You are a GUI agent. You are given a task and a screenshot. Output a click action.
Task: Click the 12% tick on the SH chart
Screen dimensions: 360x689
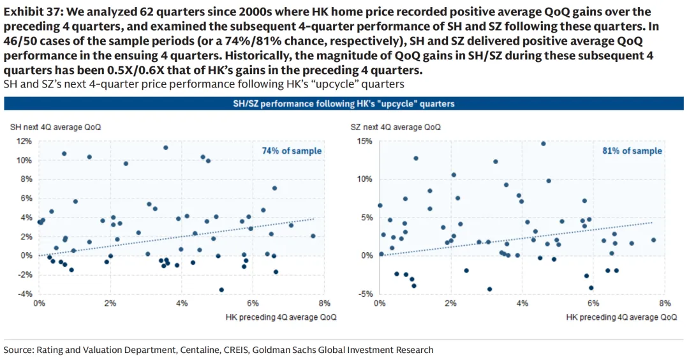coord(24,141)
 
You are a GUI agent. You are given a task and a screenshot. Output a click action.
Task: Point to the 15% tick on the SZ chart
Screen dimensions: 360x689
coord(364,141)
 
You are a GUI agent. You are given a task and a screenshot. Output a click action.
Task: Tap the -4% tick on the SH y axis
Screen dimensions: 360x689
coord(24,294)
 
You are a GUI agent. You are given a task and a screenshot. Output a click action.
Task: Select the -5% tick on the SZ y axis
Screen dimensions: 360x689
coord(365,294)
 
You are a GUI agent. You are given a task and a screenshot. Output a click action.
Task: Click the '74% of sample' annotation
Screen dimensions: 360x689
coord(292,151)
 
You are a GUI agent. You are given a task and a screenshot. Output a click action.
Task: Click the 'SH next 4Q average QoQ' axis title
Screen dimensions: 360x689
coord(56,127)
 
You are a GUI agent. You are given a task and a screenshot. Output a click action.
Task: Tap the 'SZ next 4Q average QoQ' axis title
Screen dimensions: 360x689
coord(396,127)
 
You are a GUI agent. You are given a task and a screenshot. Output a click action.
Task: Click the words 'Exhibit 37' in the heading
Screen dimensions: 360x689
coord(28,11)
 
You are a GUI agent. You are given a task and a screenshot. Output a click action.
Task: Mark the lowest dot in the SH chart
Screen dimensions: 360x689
coord(221,290)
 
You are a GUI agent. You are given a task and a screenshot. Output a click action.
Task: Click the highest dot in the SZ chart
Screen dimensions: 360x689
coord(544,144)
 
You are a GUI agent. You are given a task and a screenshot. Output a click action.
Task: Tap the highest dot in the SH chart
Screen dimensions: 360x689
coord(166,147)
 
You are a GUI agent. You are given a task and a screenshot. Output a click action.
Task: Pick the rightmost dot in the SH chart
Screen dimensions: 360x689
coord(313,236)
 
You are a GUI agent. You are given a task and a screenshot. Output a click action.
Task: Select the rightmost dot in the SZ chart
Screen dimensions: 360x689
coord(653,240)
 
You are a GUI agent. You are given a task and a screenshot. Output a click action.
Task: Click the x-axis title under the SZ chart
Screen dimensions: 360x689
coord(621,317)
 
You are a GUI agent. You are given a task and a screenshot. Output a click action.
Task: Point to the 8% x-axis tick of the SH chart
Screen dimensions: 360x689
coord(323,303)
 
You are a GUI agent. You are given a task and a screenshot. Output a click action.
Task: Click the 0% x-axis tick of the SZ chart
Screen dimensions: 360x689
coord(380,303)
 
